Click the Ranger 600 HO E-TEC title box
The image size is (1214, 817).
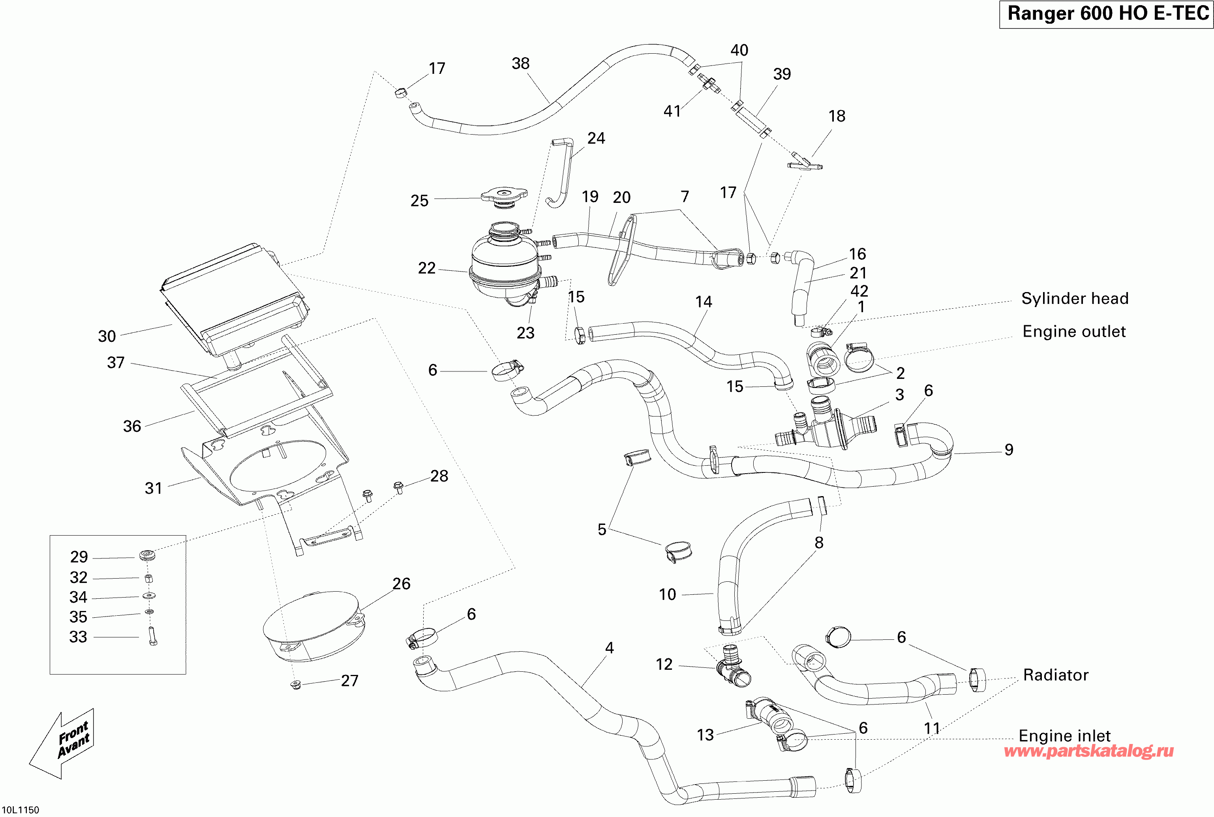[x=1106, y=14]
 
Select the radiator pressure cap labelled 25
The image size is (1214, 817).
[x=504, y=197]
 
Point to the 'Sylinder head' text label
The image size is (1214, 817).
[x=1074, y=298]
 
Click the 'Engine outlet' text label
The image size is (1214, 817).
[x=1074, y=332]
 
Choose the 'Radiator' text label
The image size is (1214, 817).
[x=1056, y=675]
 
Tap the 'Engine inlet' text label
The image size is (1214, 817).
[x=1064, y=736]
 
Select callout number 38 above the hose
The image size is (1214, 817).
[x=520, y=64]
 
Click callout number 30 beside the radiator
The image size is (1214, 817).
[x=107, y=336]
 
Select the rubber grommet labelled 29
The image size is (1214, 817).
[x=147, y=555]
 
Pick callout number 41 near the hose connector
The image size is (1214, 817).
[x=672, y=111]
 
